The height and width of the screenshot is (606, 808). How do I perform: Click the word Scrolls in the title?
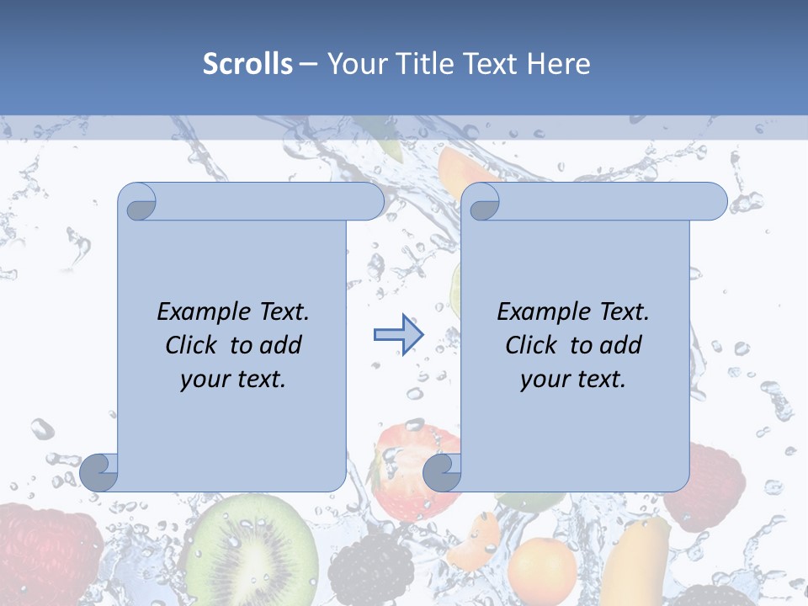point(247,64)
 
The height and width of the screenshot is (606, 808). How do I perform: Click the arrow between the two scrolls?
point(398,335)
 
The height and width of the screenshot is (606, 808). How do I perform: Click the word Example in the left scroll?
point(195,312)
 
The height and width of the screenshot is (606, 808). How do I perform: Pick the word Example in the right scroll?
point(535,312)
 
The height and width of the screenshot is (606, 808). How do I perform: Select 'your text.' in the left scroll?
point(233,379)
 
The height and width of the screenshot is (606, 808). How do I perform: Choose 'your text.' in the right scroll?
point(573,379)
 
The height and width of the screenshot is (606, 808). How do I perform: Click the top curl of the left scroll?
point(138,202)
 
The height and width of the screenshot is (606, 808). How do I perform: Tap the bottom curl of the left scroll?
point(99,472)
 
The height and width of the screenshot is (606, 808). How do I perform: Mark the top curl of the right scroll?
point(481,202)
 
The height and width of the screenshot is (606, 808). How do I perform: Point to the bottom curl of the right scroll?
point(442,472)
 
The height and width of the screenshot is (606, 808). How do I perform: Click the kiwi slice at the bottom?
point(252,551)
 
